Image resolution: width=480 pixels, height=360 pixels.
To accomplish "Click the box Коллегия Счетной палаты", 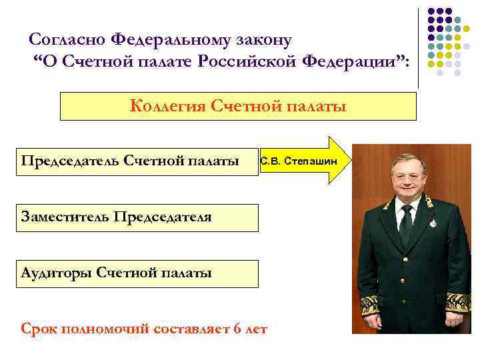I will pyautogui.click(x=238, y=107).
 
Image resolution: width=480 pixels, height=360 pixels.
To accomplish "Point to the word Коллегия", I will pyautogui.click(x=167, y=107).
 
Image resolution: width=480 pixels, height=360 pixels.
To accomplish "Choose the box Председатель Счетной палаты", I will pyautogui.click(x=137, y=161).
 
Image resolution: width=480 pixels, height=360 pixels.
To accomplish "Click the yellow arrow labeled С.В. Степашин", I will pyautogui.click(x=303, y=161).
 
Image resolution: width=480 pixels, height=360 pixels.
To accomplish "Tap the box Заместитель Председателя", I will pyautogui.click(x=137, y=217).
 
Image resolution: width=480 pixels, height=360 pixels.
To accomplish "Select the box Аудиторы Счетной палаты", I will pyautogui.click(x=137, y=273).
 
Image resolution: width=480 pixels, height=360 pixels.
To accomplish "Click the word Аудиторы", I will pyautogui.click(x=56, y=273).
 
